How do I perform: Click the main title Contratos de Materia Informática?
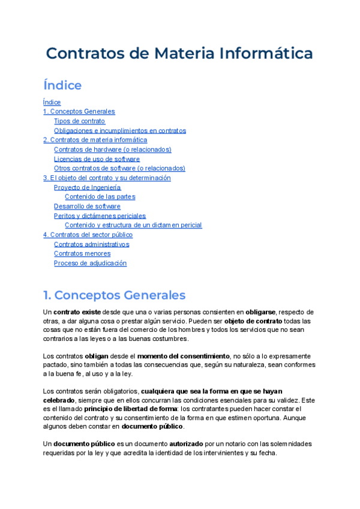click(179, 53)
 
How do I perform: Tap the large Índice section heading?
click(62, 85)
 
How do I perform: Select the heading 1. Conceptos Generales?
click(114, 295)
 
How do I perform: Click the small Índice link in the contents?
click(52, 102)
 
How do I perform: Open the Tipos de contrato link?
click(79, 121)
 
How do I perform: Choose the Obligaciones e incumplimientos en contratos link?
click(119, 130)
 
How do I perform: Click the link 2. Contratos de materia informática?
click(95, 140)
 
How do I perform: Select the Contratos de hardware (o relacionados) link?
click(112, 149)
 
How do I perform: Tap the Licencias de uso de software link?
click(97, 159)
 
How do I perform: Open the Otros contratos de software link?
click(119, 168)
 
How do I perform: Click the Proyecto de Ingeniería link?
click(87, 187)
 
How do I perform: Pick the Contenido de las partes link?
click(100, 196)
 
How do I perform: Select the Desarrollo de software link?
click(87, 206)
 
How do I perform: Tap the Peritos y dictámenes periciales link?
click(100, 215)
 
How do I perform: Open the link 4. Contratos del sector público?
click(88, 235)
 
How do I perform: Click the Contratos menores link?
click(82, 253)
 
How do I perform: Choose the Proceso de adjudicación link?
click(90, 263)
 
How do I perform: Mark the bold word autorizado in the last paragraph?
click(190, 444)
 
